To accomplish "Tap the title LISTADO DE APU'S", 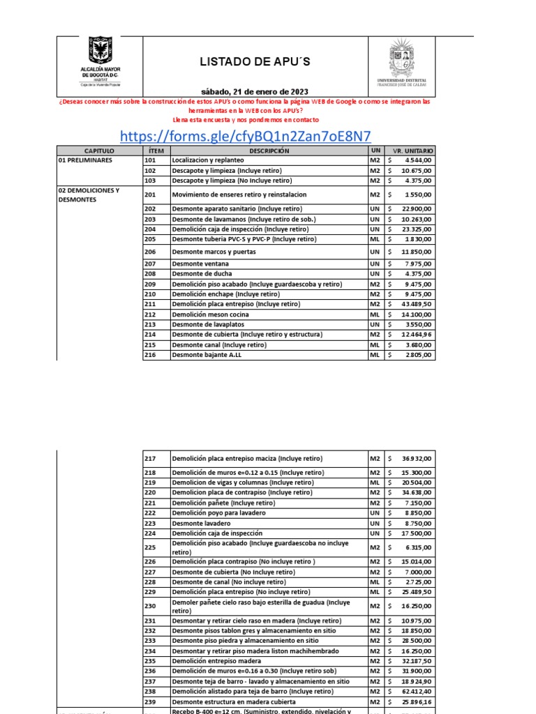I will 255,62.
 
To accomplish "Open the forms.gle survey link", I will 245,135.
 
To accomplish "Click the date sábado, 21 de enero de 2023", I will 254,91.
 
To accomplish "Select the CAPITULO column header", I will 99,151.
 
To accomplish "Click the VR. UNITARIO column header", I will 413,151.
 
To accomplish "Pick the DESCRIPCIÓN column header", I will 269,151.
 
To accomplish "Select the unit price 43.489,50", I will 415,305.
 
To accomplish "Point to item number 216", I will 150,355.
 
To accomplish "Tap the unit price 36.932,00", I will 417,459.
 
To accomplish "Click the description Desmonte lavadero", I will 201,523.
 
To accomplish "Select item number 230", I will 150,607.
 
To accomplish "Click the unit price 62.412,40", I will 417,692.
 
